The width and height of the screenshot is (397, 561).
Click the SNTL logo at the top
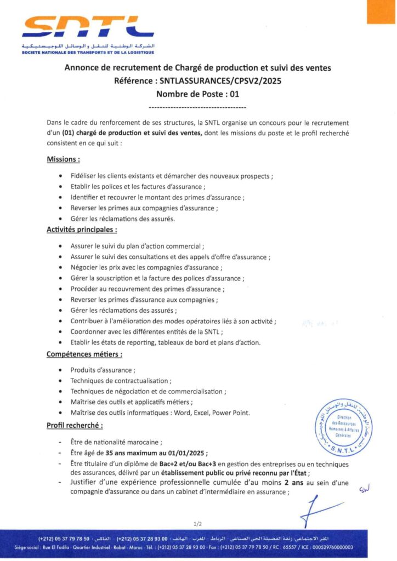(x=88, y=27)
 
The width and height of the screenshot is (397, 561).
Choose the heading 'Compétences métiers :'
(x=84, y=354)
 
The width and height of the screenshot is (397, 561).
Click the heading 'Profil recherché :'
(x=75, y=425)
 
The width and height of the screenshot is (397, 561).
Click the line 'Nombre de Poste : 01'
(x=198, y=94)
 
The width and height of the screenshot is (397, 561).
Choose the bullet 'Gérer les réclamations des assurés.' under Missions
(x=123, y=219)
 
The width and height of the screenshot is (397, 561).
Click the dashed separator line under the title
(x=198, y=107)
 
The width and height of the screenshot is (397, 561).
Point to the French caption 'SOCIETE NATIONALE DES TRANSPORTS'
(x=88, y=53)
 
